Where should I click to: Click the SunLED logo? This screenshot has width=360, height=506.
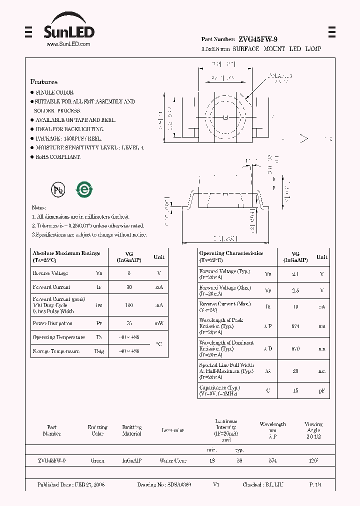point(68,30)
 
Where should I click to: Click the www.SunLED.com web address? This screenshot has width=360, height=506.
point(68,44)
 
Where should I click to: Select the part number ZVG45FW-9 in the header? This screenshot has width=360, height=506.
point(258,39)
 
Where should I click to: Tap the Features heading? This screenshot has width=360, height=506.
point(44,81)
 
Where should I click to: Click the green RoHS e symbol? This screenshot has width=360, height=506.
point(83,189)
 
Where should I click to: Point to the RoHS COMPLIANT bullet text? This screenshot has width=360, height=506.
point(57,157)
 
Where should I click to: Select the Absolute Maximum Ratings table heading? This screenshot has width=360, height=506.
point(66,253)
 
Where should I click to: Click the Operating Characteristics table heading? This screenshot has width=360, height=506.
point(231,253)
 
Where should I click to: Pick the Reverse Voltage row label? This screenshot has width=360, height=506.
point(50,273)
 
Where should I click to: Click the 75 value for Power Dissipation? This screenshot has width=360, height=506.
point(128,323)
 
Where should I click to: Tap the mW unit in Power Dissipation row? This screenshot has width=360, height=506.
point(158,323)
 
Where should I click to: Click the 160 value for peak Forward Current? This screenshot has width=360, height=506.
point(128,305)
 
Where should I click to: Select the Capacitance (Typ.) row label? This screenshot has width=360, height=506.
point(219,387)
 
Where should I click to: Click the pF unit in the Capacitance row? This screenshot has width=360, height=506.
point(321,390)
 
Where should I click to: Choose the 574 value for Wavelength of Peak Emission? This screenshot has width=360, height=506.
point(295,326)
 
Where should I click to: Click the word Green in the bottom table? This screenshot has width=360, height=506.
point(97,460)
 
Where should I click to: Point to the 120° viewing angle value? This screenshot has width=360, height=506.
point(313,460)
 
